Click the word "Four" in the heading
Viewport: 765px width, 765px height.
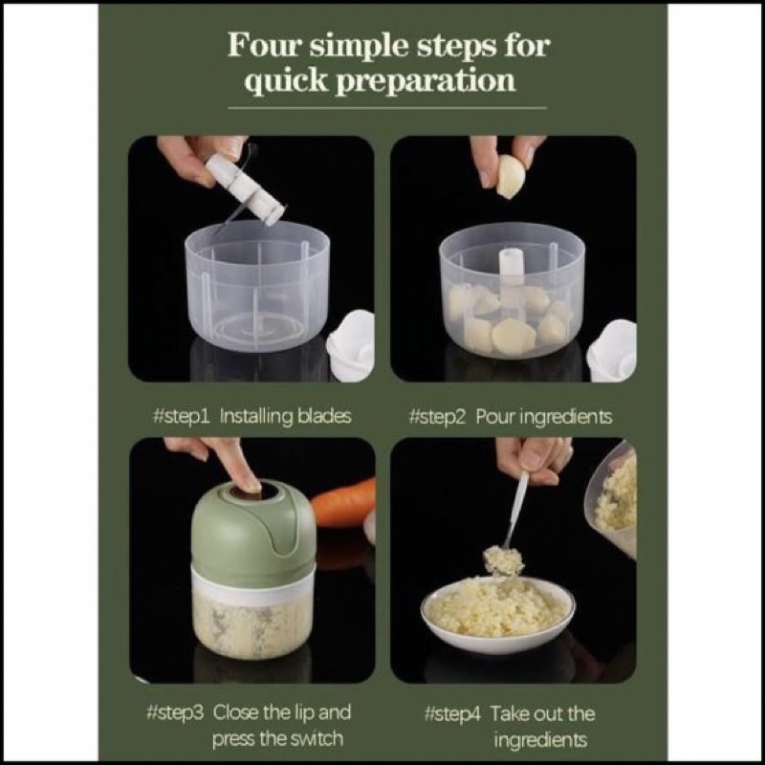pos(263,45)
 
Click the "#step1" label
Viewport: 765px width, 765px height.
pos(181,417)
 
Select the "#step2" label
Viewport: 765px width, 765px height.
pos(437,417)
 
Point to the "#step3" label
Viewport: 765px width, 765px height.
pos(175,712)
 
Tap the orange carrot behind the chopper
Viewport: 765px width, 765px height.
pos(344,503)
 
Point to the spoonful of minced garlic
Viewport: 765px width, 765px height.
pos(504,560)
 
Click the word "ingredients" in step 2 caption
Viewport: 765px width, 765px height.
pos(567,417)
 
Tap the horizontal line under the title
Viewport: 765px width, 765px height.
pos(387,108)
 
